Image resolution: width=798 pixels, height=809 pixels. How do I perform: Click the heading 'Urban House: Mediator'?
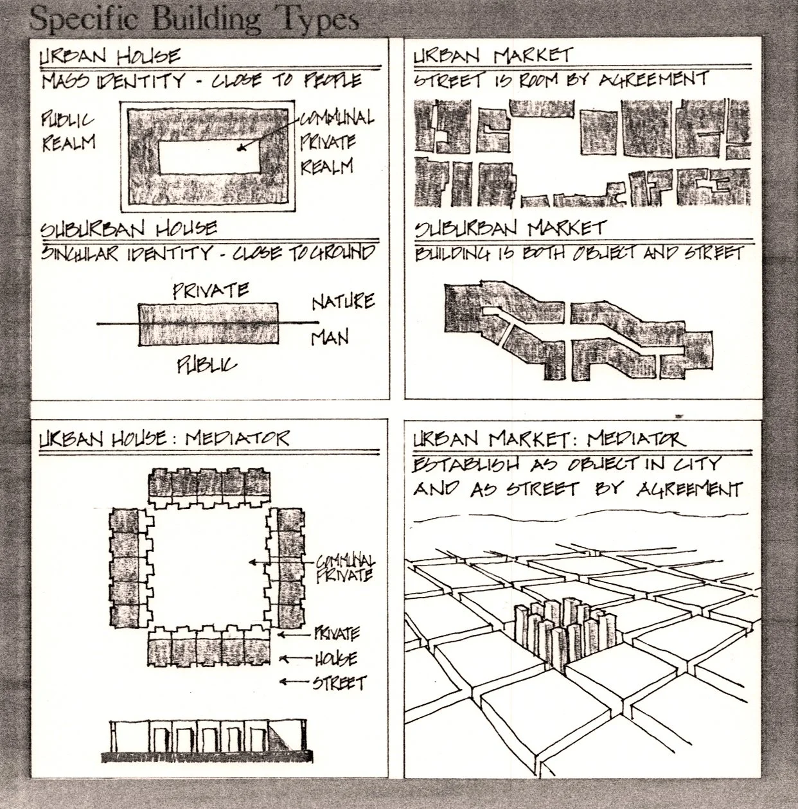(164, 438)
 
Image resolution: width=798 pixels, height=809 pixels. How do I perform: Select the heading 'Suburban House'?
(129, 229)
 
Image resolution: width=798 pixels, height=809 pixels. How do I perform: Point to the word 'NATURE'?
(342, 301)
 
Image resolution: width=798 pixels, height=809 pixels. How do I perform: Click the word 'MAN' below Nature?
(330, 337)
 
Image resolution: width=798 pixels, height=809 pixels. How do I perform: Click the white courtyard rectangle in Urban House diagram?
(209, 157)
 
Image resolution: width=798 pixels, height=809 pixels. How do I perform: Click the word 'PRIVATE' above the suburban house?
(211, 290)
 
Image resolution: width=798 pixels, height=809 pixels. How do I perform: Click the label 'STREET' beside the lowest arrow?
(339, 682)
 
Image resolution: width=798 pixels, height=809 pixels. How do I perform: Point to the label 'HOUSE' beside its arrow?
(335, 659)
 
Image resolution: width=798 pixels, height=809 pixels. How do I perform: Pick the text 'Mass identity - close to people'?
(201, 81)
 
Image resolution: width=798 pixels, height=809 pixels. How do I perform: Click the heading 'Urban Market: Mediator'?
(549, 439)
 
